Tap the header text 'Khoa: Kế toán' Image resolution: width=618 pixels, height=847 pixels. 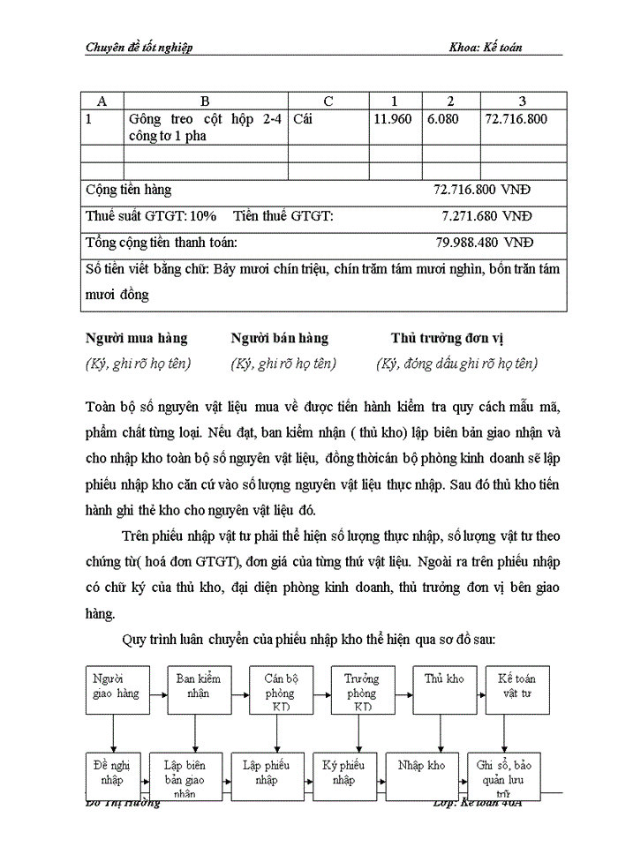tap(485, 48)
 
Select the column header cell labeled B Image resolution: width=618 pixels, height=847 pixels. tap(205, 101)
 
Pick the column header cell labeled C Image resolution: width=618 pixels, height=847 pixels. tap(328, 101)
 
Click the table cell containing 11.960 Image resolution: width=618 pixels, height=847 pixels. tap(392, 119)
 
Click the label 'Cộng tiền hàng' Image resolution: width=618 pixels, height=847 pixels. tap(128, 190)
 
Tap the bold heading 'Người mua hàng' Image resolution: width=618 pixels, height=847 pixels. tap(136, 338)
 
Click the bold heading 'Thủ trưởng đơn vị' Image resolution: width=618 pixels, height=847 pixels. tap(448, 338)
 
